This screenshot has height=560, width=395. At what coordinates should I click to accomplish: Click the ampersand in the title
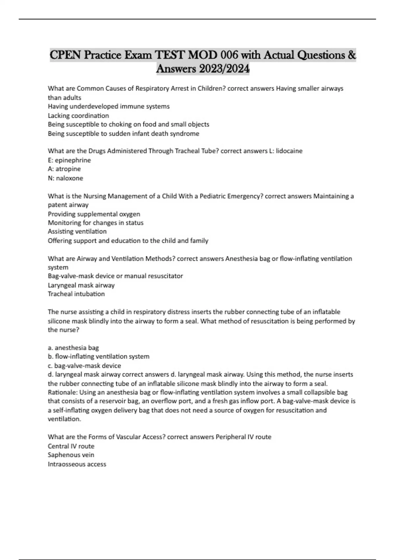[351, 55]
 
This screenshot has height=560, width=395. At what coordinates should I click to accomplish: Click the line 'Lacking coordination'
[78, 116]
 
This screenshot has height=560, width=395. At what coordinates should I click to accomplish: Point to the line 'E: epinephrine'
[69, 160]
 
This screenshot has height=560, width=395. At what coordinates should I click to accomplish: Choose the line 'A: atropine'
[64, 169]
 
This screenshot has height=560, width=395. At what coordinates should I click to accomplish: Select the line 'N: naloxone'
[66, 178]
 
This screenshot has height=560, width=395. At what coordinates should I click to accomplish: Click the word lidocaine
[289, 151]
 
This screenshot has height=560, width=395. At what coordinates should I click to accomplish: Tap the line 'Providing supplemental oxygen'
[94, 214]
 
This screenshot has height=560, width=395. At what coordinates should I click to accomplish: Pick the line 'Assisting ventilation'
[77, 232]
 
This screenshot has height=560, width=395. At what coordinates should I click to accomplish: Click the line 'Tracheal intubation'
[76, 294]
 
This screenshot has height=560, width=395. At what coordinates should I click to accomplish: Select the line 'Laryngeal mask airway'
[81, 285]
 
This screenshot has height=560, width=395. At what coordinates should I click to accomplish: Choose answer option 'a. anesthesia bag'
[73, 348]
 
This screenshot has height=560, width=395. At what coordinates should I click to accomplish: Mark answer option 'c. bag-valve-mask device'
[84, 366]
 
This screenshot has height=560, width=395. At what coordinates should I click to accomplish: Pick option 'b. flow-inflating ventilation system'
[98, 356]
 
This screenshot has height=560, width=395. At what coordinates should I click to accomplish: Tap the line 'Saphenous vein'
[71, 455]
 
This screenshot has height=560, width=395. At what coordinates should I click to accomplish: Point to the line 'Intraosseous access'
[77, 464]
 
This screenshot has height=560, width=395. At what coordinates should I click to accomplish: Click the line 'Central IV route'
[71, 446]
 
